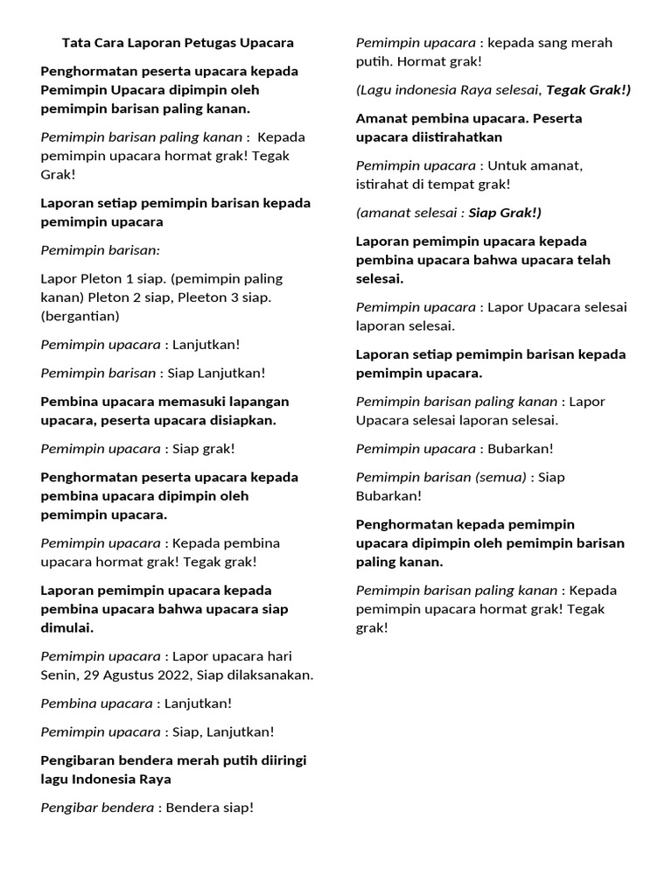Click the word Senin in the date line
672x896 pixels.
click(60, 675)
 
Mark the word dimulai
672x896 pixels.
click(66, 628)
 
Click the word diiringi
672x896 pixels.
click(281, 760)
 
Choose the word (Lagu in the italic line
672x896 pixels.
click(374, 90)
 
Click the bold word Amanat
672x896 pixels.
click(381, 118)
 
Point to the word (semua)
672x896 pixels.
click(500, 477)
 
